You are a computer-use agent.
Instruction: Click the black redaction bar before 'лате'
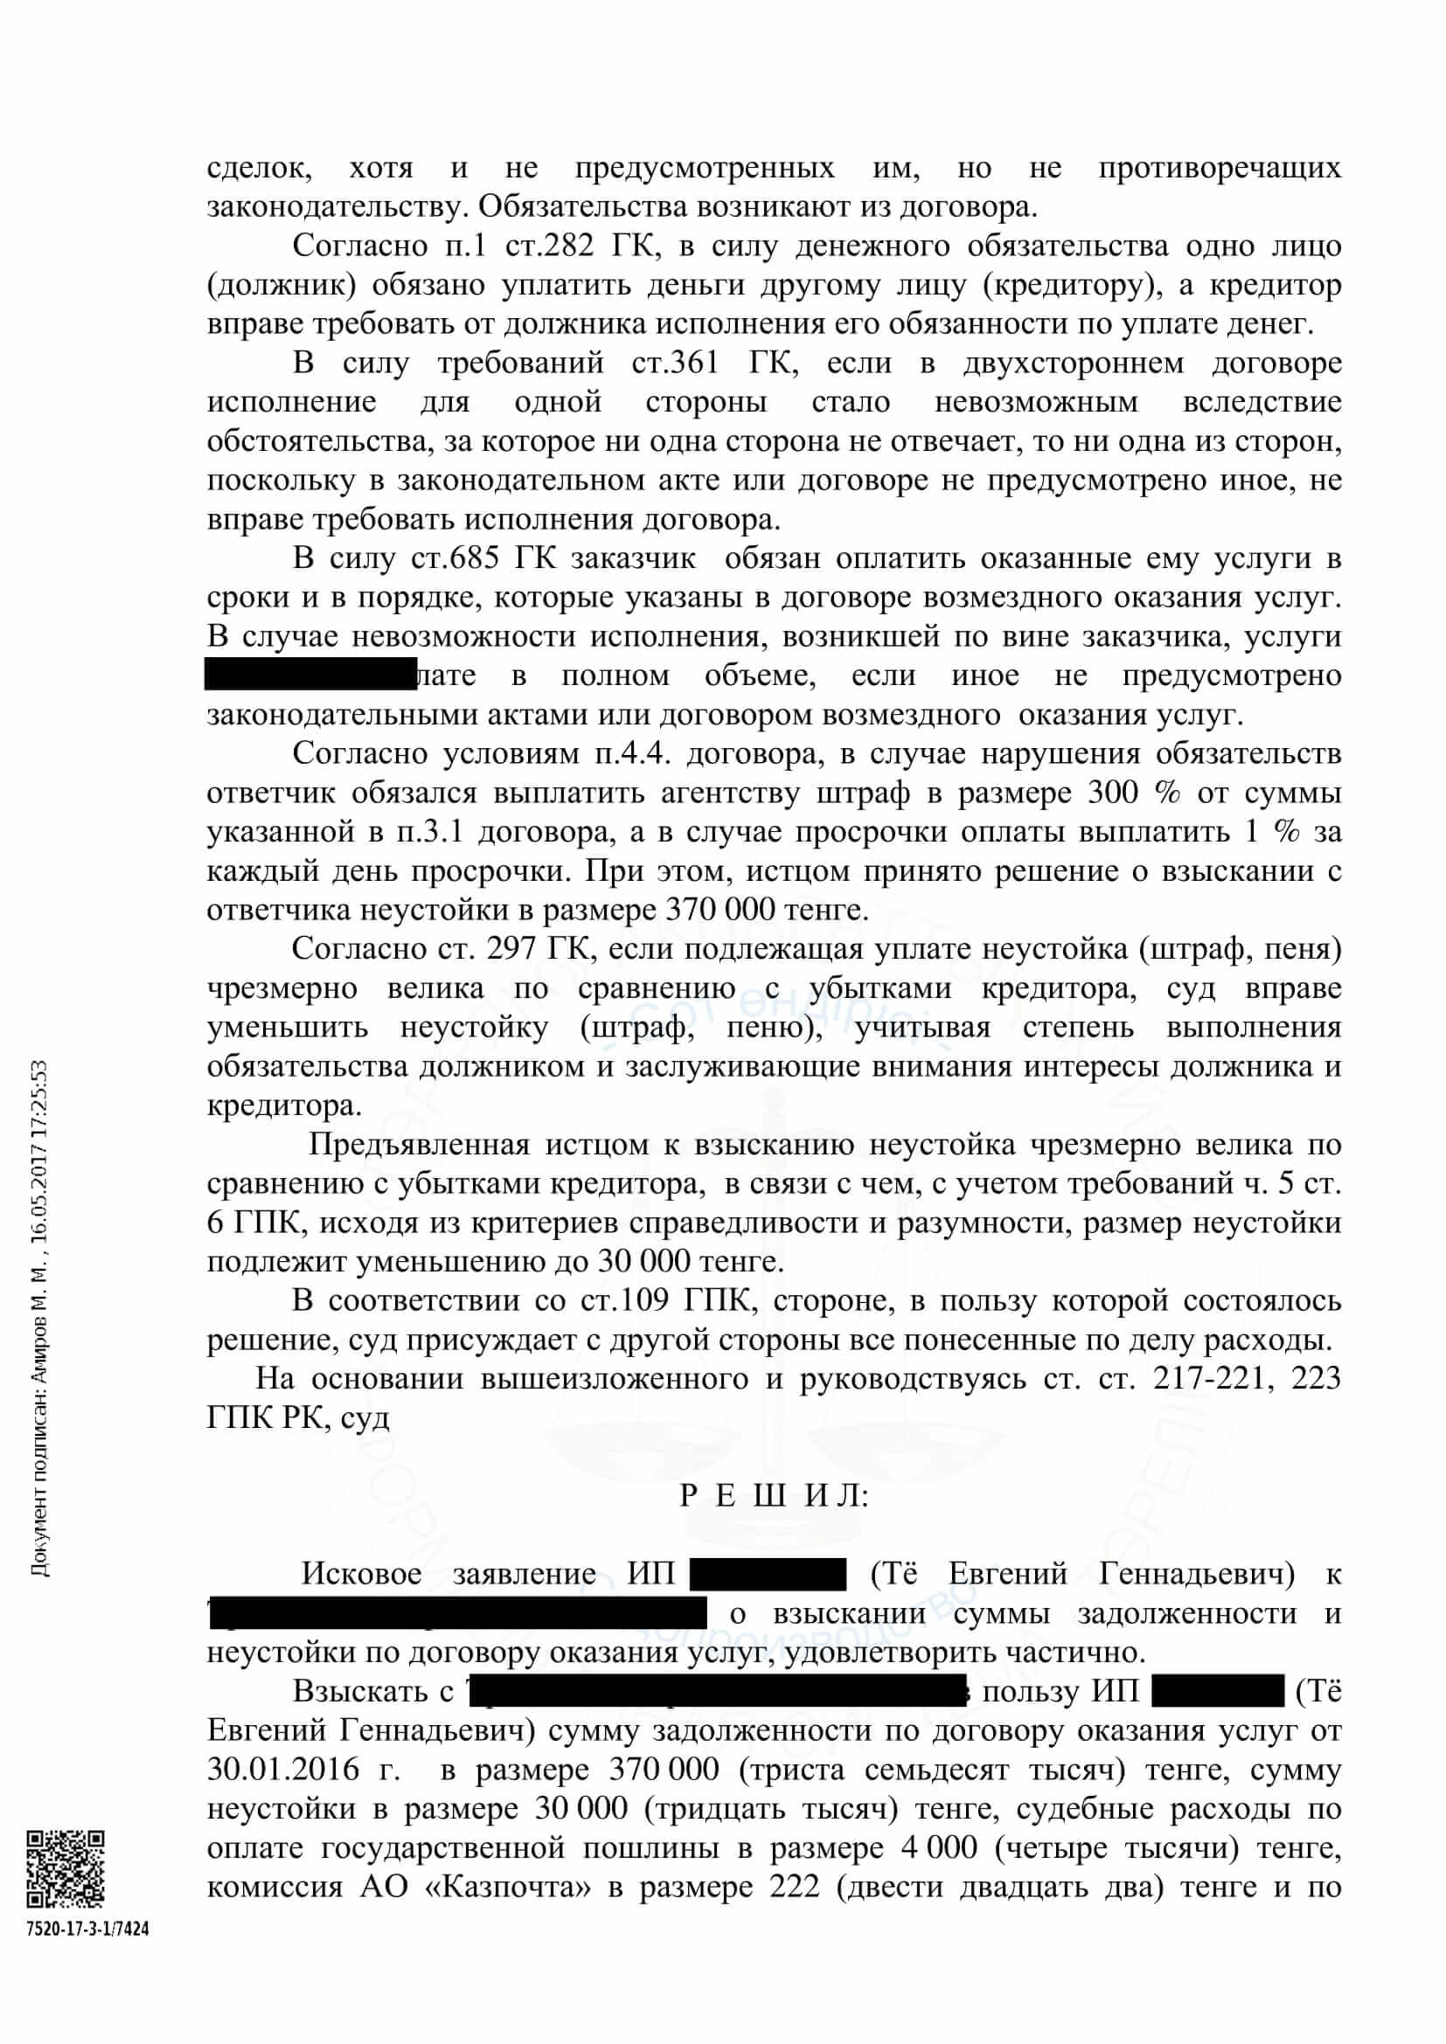[x=310, y=675]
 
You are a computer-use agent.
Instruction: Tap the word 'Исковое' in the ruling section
[x=362, y=1574]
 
